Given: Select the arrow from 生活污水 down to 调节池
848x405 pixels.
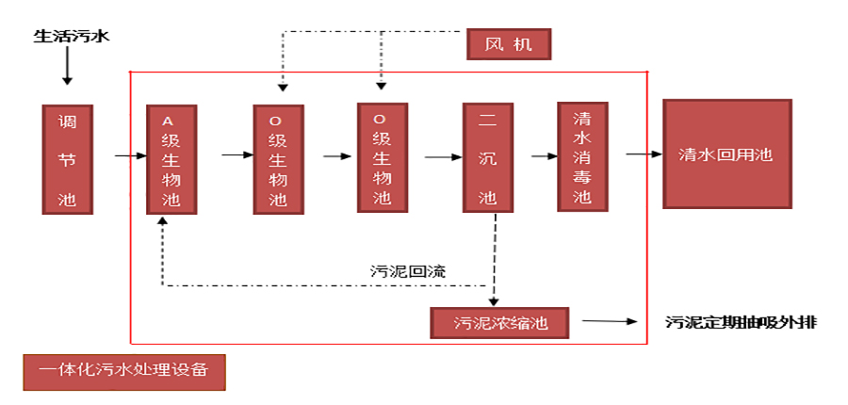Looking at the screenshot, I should (x=67, y=70).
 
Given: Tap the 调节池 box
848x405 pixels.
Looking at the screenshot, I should (x=68, y=159).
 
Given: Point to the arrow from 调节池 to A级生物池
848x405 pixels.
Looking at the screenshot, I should (x=130, y=155).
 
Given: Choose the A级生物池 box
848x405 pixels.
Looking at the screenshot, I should (x=171, y=159).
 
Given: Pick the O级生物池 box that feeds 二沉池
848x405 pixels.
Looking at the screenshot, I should (x=382, y=157).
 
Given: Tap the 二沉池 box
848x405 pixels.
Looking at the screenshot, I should (x=487, y=158).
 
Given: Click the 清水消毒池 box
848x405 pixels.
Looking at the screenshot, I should (x=582, y=157).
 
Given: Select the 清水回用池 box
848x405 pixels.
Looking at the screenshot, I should (x=726, y=154).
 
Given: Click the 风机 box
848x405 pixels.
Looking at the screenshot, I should (x=508, y=44).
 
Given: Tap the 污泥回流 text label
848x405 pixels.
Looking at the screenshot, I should (x=408, y=270).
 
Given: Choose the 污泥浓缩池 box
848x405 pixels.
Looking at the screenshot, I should (x=500, y=323).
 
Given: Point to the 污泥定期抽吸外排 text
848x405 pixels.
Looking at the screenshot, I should (x=741, y=322).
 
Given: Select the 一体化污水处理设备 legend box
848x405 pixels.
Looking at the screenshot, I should (x=124, y=370).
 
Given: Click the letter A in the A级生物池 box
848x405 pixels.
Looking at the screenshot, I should (x=170, y=121).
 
